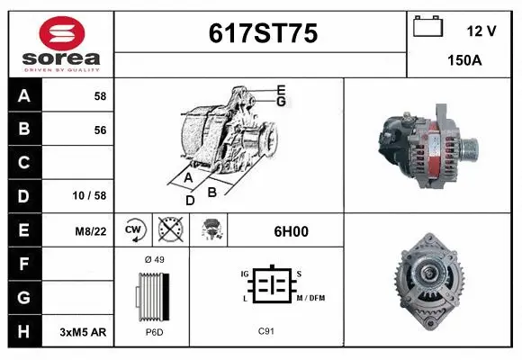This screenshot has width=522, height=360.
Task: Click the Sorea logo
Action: tap(61, 42)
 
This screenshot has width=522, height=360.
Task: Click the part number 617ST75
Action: tap(263, 33)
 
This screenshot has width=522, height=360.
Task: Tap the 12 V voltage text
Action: tap(481, 31)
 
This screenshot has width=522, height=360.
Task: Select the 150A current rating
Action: tap(464, 62)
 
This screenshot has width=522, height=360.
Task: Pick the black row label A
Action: tap(23, 96)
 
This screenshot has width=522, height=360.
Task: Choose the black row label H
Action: tap(23, 332)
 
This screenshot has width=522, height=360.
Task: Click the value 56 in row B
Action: tap(100, 130)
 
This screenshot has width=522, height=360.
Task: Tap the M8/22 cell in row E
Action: tap(92, 231)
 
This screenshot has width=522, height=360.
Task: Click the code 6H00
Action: tap(291, 231)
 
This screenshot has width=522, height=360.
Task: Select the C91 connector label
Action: tap(265, 332)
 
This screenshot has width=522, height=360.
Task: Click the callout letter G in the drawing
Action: tap(282, 102)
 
